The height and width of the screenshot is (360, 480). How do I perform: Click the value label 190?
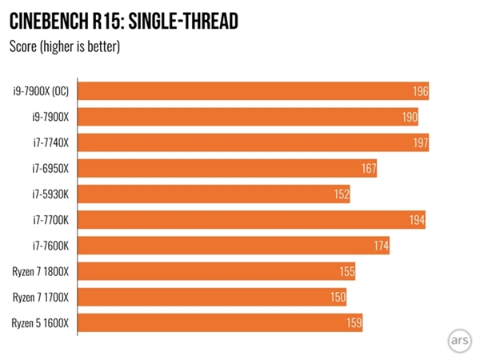[409, 118]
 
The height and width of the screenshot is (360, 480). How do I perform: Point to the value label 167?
[368, 169]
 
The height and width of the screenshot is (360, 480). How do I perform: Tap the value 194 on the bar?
[416, 220]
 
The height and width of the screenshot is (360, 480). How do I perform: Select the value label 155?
[346, 272]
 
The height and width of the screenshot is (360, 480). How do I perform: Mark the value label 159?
[354, 323]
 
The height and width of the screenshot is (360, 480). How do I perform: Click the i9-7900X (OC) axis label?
[40, 91]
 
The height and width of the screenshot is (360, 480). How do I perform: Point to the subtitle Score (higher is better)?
[64, 46]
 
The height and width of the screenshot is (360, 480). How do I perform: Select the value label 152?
[341, 194]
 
